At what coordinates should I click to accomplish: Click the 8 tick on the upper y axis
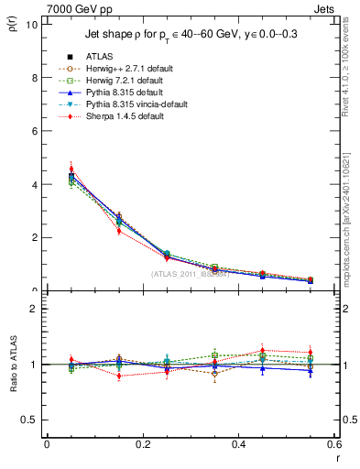[x=34, y=78]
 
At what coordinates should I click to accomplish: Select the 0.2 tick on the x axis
[x=142, y=444]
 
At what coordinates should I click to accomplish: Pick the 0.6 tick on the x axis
[x=333, y=444]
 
